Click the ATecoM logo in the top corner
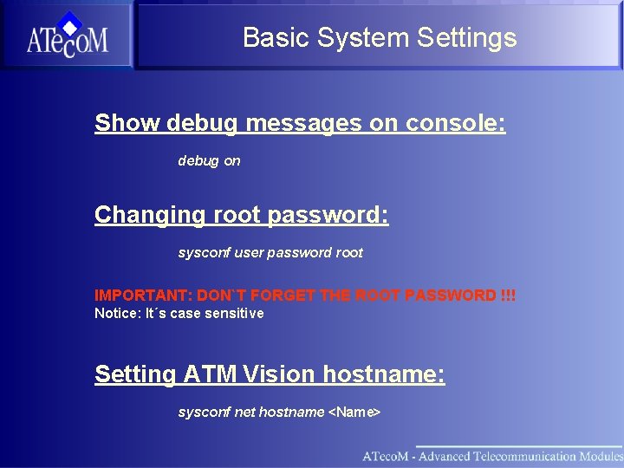tap(67, 36)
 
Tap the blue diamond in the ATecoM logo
tap(70, 24)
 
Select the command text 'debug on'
tap(209, 161)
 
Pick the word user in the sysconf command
tap(248, 253)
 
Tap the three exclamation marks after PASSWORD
tap(508, 296)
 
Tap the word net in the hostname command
tap(244, 413)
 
